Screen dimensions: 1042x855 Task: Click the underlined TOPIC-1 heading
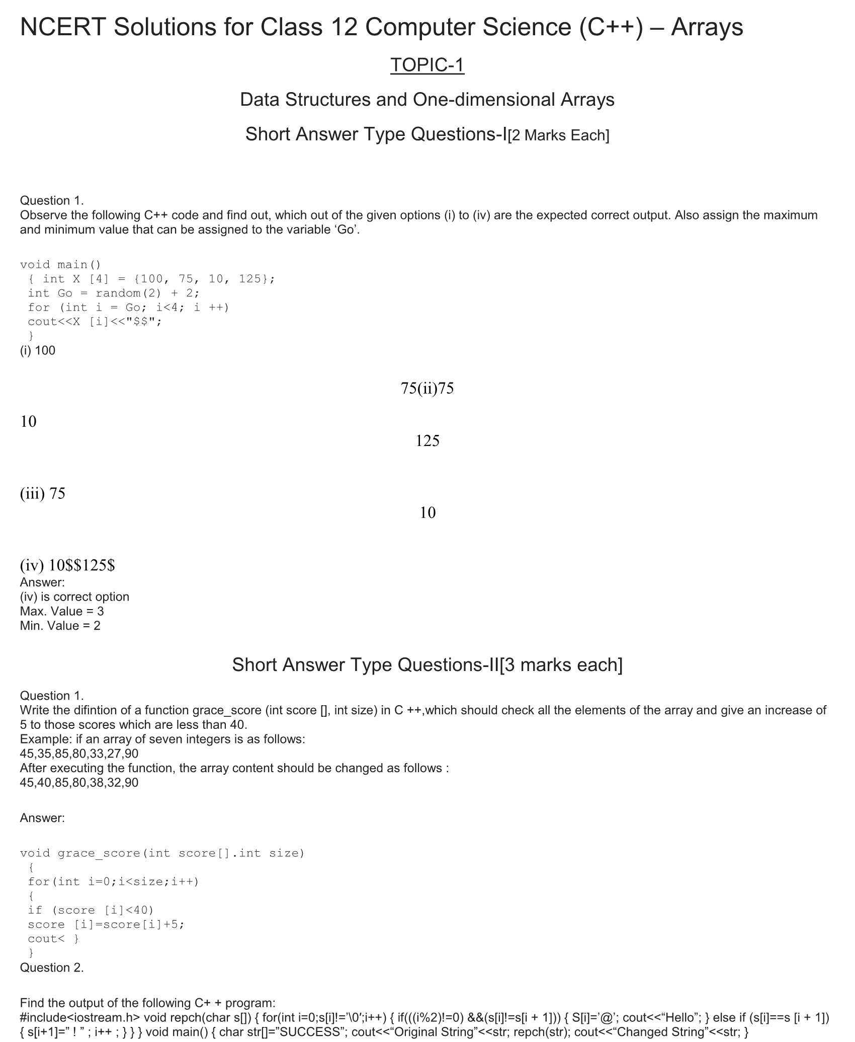pos(427,65)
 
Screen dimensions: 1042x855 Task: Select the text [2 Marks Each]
pos(558,135)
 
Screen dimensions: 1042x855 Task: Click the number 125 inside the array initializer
pos(249,279)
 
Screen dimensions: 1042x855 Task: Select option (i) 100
pos(38,351)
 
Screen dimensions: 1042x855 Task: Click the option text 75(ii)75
pos(427,388)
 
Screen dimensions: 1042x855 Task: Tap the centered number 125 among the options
pos(427,441)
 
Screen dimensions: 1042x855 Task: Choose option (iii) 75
pos(43,493)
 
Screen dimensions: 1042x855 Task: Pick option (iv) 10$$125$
pos(67,565)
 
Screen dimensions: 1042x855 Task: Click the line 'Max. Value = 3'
pos(62,611)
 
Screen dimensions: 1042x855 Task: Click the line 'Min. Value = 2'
pos(60,626)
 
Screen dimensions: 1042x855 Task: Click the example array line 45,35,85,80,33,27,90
pos(79,754)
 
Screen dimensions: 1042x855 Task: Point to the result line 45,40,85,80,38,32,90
pos(79,782)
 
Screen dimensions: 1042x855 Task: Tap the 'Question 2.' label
pos(52,967)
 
